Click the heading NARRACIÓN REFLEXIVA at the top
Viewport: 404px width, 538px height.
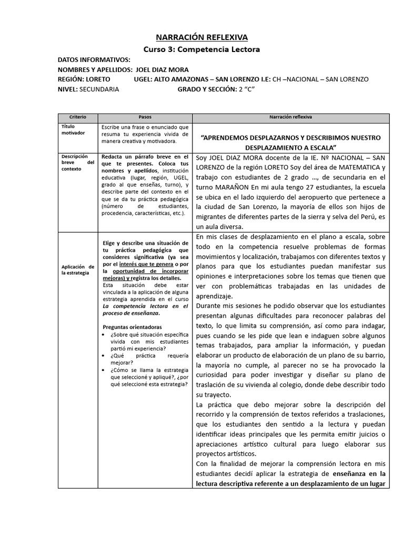point(202,37)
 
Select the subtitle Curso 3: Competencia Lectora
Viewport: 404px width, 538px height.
point(202,49)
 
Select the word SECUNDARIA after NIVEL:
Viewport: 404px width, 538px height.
point(99,89)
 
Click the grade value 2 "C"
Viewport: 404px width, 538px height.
point(244,89)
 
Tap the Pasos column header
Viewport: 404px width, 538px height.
point(145,117)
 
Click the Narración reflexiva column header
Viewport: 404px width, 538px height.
point(291,117)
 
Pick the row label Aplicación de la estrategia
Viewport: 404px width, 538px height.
point(77,270)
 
